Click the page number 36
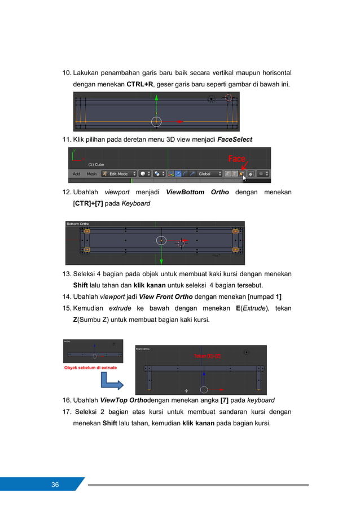55,485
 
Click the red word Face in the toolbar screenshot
236,159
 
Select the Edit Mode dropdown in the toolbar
118,174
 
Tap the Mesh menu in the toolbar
91,174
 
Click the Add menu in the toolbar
76,174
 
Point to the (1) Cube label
95,164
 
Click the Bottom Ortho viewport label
78,224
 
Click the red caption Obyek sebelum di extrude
91,368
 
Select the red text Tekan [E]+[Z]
207,356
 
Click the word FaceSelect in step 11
235,139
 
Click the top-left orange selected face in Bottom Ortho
86,230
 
